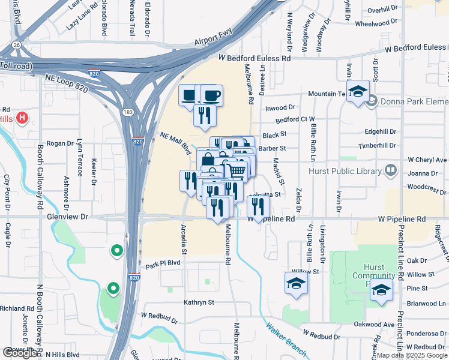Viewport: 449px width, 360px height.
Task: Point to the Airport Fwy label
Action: coord(213,41)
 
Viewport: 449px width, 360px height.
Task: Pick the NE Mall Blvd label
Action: coord(175,144)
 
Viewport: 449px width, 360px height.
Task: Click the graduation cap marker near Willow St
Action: coord(296,283)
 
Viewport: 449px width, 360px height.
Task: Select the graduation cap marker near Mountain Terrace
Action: coord(358,92)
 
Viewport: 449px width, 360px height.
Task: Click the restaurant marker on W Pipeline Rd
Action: coord(258,206)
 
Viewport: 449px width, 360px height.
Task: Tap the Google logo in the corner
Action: coord(20,353)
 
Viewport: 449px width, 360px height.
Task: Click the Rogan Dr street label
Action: coord(59,143)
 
